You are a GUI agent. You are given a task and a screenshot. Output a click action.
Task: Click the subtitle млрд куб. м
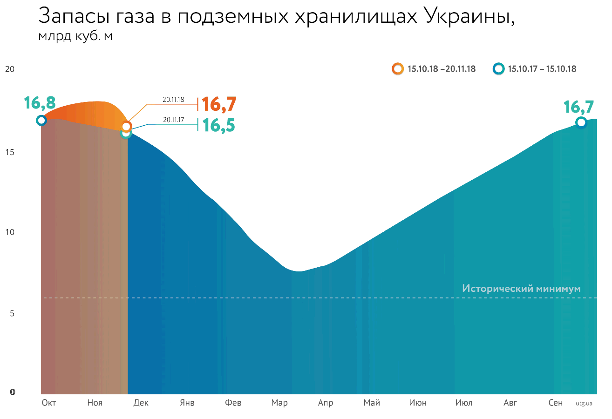(x=75, y=36)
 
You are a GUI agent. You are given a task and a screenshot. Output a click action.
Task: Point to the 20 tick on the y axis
(x=10, y=69)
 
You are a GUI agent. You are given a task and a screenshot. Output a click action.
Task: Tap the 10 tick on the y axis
(x=10, y=232)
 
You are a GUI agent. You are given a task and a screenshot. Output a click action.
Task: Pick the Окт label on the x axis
(x=48, y=403)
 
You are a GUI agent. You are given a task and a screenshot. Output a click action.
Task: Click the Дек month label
(x=141, y=403)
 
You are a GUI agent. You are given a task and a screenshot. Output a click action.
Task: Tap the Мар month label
(x=279, y=403)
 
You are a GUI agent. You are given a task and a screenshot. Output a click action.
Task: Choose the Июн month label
(x=418, y=403)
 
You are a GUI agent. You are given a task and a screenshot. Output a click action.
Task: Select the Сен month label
(x=555, y=403)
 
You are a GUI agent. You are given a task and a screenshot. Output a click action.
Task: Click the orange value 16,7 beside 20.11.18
(x=219, y=105)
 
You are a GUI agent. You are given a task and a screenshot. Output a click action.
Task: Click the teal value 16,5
(x=219, y=126)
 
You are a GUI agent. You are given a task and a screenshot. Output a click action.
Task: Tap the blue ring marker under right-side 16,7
(x=581, y=122)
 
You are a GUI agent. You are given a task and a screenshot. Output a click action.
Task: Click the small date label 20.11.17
(x=174, y=120)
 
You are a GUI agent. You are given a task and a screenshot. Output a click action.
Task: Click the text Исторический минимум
(x=521, y=289)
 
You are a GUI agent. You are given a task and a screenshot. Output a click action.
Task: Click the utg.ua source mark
(x=584, y=403)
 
